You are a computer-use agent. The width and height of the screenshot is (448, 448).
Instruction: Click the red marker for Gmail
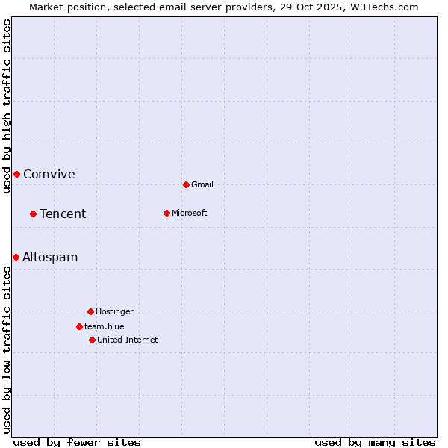pyautogui.click(x=186, y=184)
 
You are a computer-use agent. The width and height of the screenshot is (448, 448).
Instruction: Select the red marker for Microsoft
pyautogui.click(x=167, y=213)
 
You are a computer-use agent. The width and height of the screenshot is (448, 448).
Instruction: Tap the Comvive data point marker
pyautogui.click(x=16, y=174)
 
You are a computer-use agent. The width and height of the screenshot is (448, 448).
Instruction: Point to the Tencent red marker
pyautogui.click(x=33, y=214)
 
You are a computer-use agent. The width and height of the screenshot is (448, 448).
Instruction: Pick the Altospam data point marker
pyautogui.click(x=16, y=257)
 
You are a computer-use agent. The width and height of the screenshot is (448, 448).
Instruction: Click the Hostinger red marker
pyautogui.click(x=90, y=311)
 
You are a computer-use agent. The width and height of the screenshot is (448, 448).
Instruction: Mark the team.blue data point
pyautogui.click(x=79, y=326)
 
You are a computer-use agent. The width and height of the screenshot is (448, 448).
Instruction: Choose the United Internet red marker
pyautogui.click(x=92, y=340)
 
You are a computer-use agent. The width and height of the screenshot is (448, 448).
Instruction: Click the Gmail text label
pyautogui.click(x=202, y=184)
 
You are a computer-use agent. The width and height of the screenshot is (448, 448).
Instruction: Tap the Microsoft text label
pyautogui.click(x=190, y=213)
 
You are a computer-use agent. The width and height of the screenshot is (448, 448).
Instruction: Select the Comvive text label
pyautogui.click(x=49, y=175)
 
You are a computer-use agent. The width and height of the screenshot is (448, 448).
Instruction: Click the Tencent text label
pyautogui.click(x=63, y=214)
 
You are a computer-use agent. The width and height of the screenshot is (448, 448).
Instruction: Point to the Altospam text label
pyautogui.click(x=50, y=258)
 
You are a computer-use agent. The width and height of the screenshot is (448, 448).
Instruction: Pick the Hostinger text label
pyautogui.click(x=114, y=311)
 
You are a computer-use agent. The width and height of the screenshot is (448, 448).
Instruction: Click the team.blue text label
pyautogui.click(x=105, y=326)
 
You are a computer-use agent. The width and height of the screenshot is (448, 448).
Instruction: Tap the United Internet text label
pyautogui.click(x=128, y=340)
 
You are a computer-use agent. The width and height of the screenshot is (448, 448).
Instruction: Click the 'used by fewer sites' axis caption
pyautogui.click(x=77, y=442)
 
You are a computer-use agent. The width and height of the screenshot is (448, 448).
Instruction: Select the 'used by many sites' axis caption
pyautogui.click(x=375, y=442)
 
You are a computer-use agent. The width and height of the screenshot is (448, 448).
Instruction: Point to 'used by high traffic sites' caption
pyautogui.click(x=7, y=106)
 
